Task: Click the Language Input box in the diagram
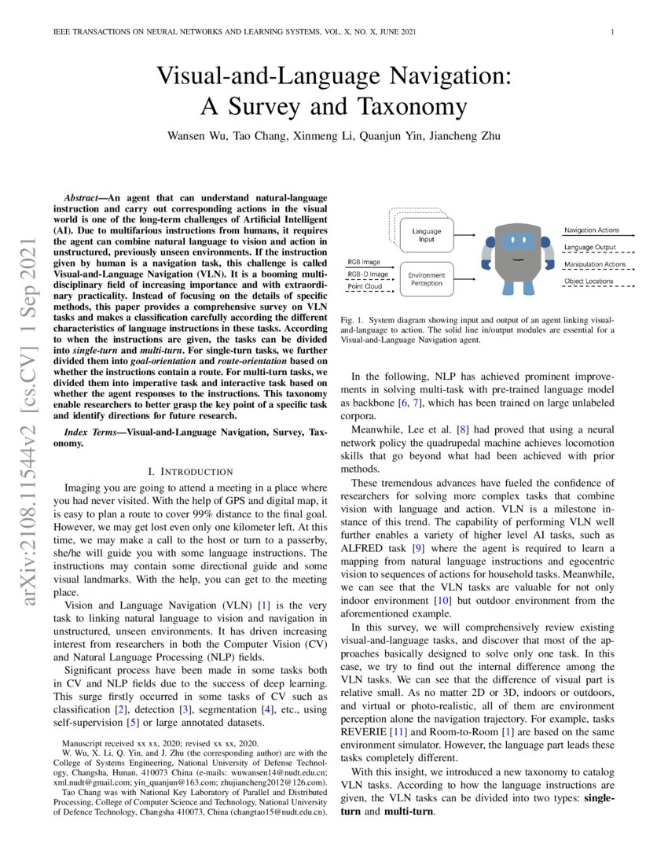pos(427,235)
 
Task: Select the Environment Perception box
pos(427,278)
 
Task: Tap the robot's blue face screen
pos(517,241)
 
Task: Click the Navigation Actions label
pos(591,230)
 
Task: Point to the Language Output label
pos(589,247)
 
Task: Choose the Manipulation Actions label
pos(594,264)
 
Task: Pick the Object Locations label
pos(589,282)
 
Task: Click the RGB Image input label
pos(365,262)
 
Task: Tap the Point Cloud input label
pos(364,287)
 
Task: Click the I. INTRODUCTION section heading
pos(191,471)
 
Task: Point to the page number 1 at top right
pos(611,32)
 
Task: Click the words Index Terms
pos(90,432)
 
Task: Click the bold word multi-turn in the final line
pos(409,811)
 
